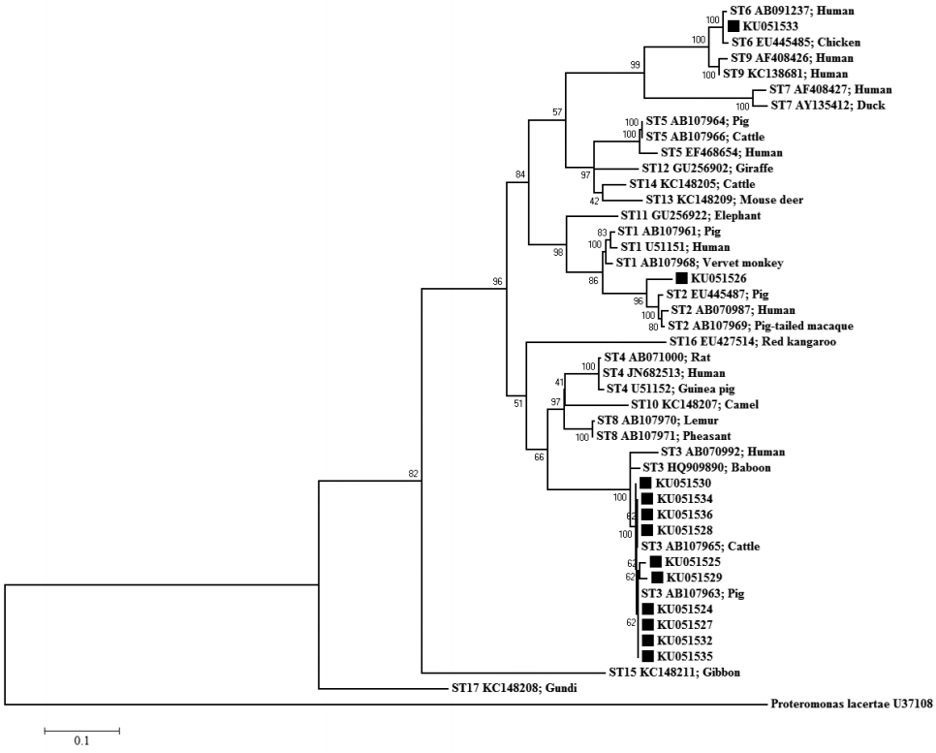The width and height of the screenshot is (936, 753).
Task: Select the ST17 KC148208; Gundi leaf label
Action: tap(507, 688)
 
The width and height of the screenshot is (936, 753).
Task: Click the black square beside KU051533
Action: tap(733, 26)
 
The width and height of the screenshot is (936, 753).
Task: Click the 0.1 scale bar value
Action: tap(81, 741)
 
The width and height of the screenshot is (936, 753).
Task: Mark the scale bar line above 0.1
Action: tap(81, 728)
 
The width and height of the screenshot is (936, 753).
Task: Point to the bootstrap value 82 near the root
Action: tap(413, 474)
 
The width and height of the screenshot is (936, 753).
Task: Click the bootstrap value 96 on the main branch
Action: tap(499, 282)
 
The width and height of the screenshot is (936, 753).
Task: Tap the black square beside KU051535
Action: tap(645, 656)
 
